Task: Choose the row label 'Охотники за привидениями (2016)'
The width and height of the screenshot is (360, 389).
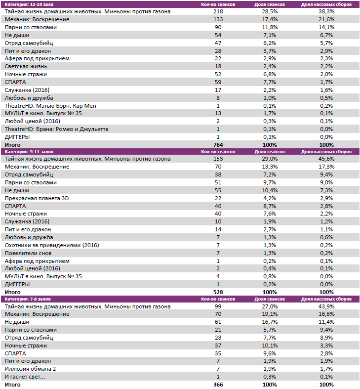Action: point(51,245)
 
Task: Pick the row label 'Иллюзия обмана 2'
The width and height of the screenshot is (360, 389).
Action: point(30,369)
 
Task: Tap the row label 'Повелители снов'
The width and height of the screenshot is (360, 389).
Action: point(29,253)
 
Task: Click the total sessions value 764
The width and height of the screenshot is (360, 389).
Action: point(217,145)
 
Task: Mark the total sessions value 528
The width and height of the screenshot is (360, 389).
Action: point(217,292)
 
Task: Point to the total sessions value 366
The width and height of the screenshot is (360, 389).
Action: point(217,385)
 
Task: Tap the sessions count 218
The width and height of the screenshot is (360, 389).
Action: point(217,11)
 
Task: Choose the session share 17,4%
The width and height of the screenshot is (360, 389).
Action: point(269,19)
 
